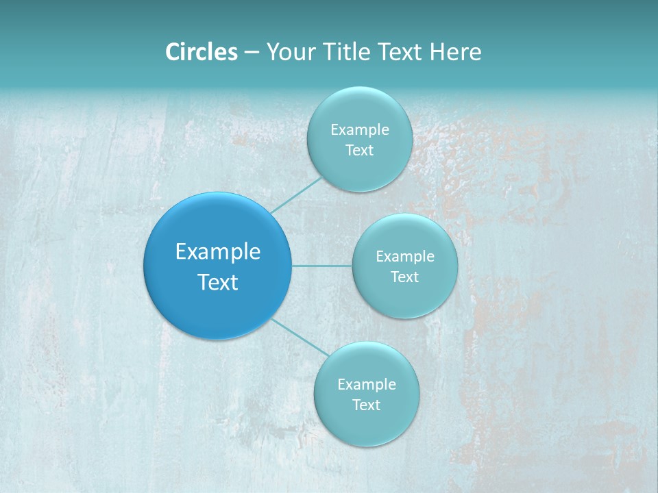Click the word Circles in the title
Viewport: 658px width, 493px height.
(x=202, y=52)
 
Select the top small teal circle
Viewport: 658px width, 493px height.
(x=359, y=168)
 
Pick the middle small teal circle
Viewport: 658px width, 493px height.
(x=404, y=298)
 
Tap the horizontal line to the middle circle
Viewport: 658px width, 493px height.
(x=322, y=266)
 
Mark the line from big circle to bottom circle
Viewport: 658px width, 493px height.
(x=300, y=337)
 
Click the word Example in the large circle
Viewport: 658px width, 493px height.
(x=218, y=252)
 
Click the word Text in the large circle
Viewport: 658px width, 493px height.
(x=218, y=282)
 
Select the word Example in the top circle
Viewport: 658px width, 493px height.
(x=360, y=129)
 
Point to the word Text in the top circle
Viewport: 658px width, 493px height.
(x=359, y=150)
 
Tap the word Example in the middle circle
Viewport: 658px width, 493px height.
(x=405, y=256)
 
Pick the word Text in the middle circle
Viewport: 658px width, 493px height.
(x=404, y=277)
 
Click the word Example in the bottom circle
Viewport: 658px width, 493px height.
(x=367, y=384)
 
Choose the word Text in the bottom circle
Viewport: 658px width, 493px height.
(x=366, y=405)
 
